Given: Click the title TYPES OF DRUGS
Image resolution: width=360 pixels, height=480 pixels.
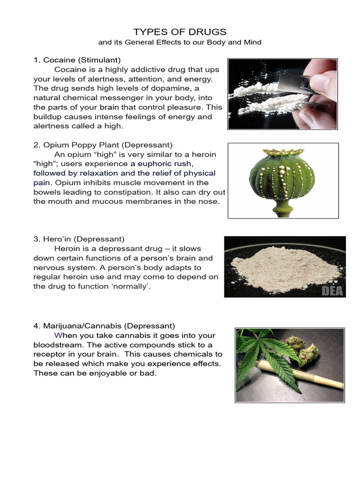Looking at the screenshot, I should pyautogui.click(x=180, y=32).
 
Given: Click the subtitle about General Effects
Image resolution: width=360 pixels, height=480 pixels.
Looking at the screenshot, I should pyautogui.click(x=180, y=42).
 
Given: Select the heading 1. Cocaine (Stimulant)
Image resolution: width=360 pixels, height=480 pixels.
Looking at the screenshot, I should pyautogui.click(x=77, y=60).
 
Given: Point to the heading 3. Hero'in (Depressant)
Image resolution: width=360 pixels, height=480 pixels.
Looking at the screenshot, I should pyautogui.click(x=79, y=239).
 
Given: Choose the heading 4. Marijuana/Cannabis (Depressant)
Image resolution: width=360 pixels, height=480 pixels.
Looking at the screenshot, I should pyautogui.click(x=104, y=326).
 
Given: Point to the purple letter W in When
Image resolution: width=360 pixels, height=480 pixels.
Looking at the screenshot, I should pyautogui.click(x=58, y=336).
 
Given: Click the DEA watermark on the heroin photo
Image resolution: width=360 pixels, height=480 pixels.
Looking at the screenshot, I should pyautogui.click(x=332, y=291).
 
